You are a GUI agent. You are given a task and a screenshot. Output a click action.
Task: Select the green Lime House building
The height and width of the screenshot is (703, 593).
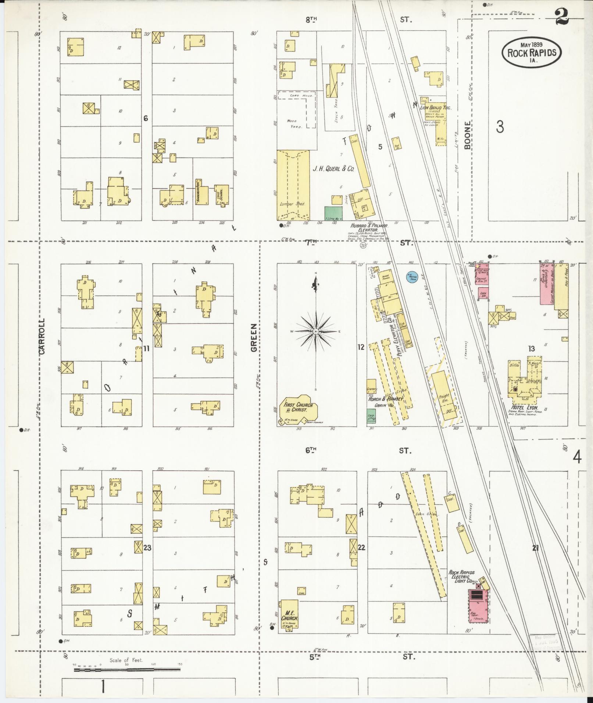333,214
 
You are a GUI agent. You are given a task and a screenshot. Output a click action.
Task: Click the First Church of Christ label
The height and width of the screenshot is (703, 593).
298,407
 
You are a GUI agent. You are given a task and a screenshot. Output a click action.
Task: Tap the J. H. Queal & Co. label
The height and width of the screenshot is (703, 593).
333,169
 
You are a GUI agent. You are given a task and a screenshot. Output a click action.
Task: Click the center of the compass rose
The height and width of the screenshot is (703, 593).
315,331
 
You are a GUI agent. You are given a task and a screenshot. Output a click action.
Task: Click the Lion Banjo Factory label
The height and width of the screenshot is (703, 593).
437,108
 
